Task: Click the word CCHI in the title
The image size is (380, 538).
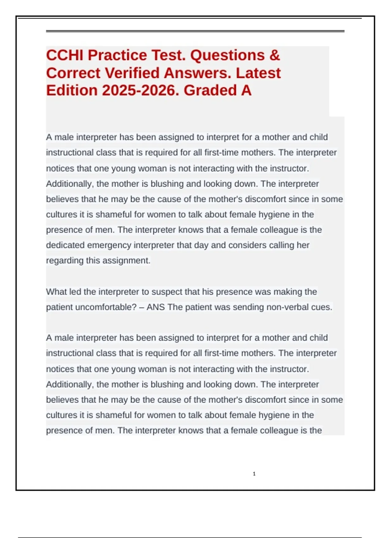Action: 65,55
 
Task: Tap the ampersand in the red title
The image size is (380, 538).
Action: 275,55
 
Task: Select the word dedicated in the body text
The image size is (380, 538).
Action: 65,245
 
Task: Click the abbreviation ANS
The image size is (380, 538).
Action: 155,307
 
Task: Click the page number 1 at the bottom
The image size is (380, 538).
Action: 254,474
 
